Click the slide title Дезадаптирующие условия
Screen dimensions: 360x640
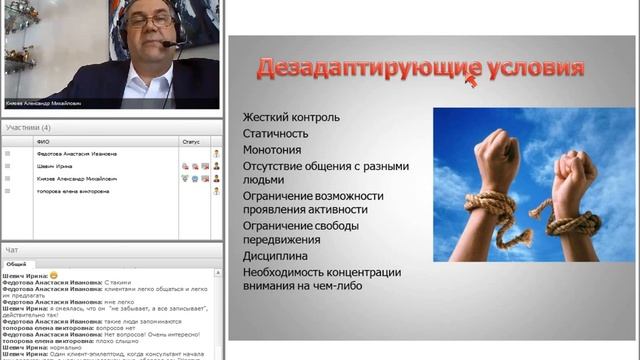[420, 69]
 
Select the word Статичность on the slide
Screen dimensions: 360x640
[275, 132]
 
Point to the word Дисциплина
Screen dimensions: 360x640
[277, 256]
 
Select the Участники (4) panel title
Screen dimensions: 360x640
[27, 128]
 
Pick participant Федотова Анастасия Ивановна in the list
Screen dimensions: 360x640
[76, 154]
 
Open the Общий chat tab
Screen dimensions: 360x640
[17, 263]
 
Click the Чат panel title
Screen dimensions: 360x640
[11, 249]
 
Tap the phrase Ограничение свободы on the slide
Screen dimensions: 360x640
[300, 225]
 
